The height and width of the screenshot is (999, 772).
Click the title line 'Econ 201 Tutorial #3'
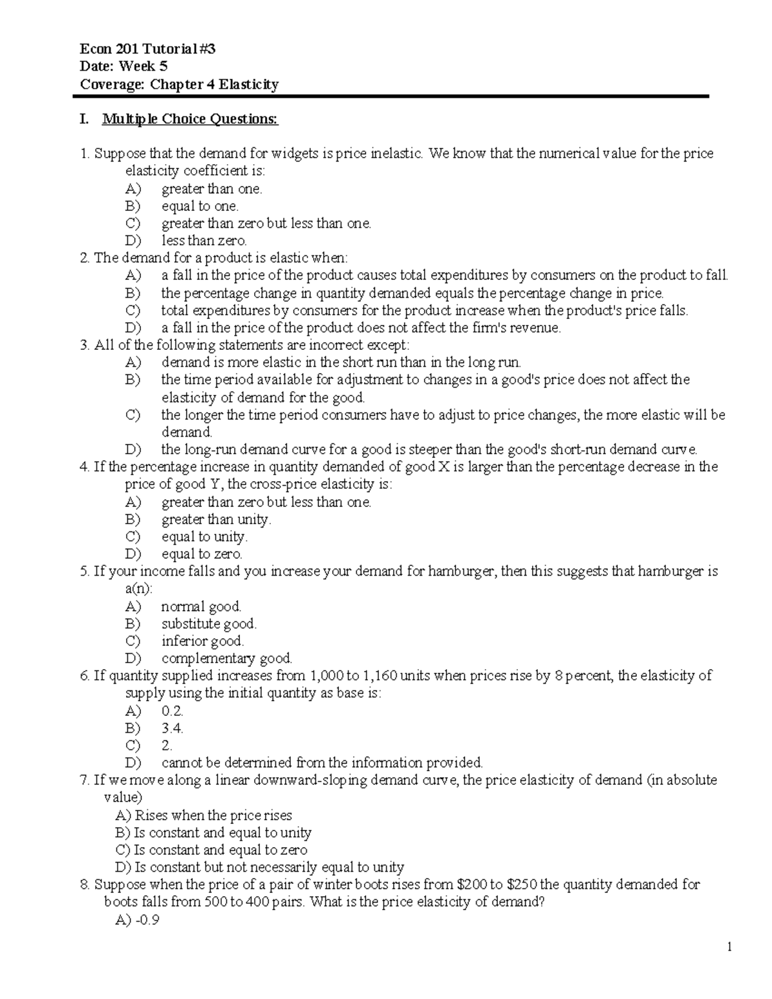(x=143, y=48)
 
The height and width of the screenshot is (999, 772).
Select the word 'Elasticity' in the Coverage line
(x=248, y=84)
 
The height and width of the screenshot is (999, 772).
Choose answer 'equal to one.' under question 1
(x=199, y=206)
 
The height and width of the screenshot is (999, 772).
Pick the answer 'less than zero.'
(x=204, y=241)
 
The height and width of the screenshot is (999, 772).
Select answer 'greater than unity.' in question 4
(x=216, y=519)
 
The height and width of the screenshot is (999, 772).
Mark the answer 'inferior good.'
(x=203, y=641)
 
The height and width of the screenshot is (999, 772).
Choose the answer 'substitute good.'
(x=209, y=623)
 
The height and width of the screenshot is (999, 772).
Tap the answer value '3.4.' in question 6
(x=172, y=728)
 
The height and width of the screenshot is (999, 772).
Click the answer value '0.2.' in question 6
(x=172, y=711)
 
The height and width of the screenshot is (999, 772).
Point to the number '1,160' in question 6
(x=381, y=675)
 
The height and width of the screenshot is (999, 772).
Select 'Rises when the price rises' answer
(x=213, y=815)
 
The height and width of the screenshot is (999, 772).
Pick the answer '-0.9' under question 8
(x=146, y=920)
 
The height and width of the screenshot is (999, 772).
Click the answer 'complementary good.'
(x=227, y=658)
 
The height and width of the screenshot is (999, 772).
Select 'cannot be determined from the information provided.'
(x=322, y=763)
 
